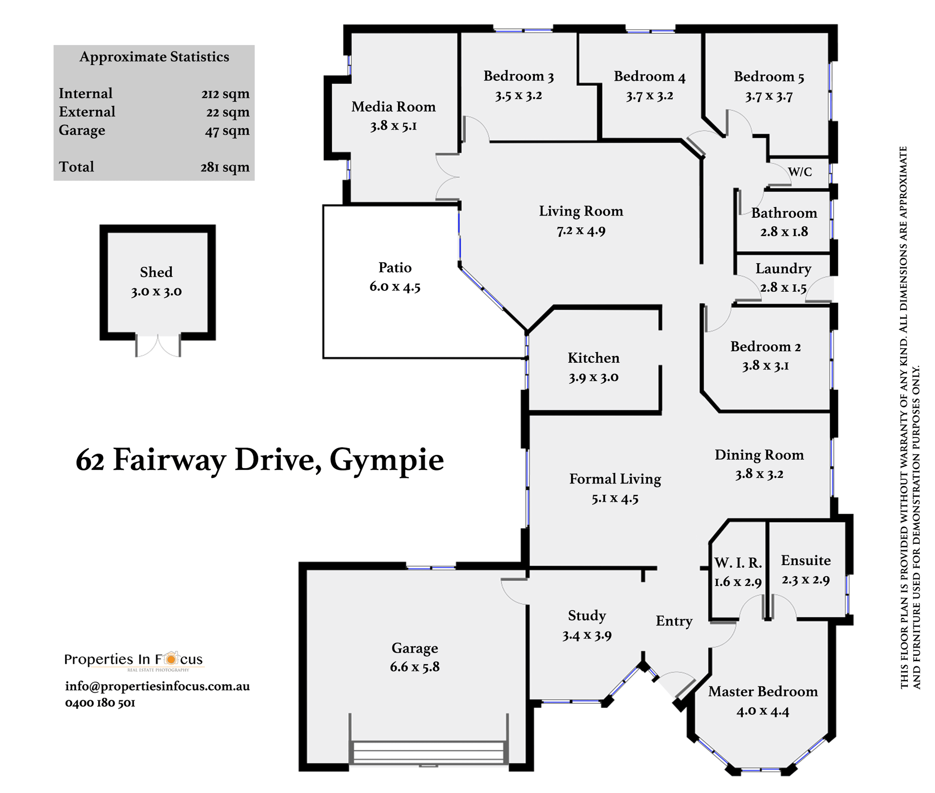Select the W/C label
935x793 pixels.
click(x=800, y=172)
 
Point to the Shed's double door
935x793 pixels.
click(x=158, y=345)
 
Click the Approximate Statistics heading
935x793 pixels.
click(x=154, y=57)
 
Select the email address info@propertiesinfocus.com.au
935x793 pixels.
click(x=157, y=686)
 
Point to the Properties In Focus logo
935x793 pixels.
click(x=134, y=660)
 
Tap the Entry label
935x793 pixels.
click(x=674, y=621)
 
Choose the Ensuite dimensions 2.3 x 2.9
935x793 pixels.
click(x=806, y=580)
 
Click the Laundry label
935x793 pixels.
click(x=783, y=268)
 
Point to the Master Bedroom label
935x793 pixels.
click(x=763, y=691)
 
